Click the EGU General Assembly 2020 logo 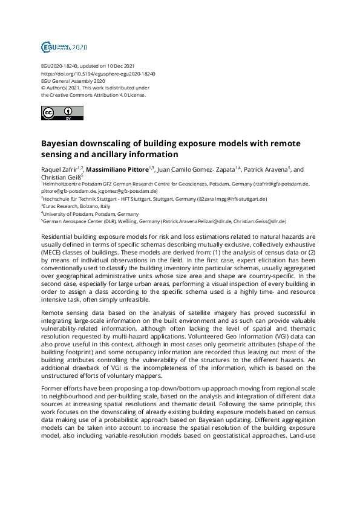point(64,47)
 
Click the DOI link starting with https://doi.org point(98,73)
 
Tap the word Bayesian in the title point(62,145)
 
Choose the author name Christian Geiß point(59,177)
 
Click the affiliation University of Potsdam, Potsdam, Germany point(82,214)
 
